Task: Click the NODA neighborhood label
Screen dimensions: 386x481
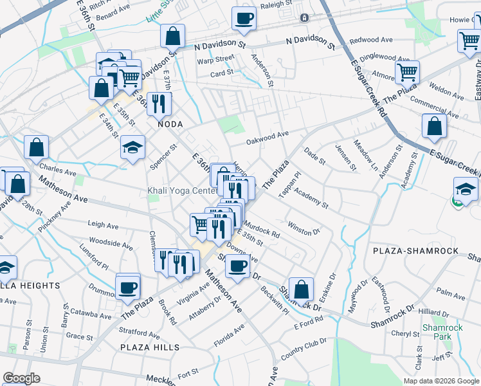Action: point(165,124)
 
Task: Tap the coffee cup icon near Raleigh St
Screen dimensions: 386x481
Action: point(244,19)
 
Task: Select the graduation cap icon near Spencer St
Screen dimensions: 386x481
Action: point(132,148)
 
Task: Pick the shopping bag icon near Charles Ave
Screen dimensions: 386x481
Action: point(37,147)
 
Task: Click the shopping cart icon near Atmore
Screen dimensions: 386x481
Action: point(407,72)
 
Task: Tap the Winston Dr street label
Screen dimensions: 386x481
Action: point(304,228)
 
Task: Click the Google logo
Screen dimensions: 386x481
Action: point(21,379)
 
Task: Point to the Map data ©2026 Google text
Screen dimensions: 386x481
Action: point(440,381)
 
